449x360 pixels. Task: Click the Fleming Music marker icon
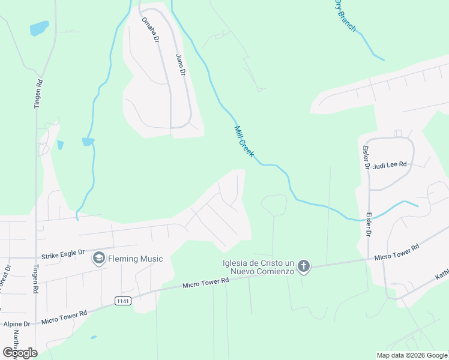pyautogui.click(x=98, y=259)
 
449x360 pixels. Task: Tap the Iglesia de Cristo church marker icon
pyautogui.click(x=304, y=266)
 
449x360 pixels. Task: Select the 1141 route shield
pyautogui.click(x=123, y=300)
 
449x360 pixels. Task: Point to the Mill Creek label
pyautogui.click(x=244, y=142)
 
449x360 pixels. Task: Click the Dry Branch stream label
pyautogui.click(x=345, y=16)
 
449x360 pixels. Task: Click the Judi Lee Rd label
pyautogui.click(x=390, y=165)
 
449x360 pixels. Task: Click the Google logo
pyautogui.click(x=20, y=352)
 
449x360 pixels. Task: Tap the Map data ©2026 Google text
pyautogui.click(x=412, y=355)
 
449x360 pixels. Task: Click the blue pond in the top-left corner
pyautogui.click(x=39, y=28)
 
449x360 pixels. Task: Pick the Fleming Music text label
pyautogui.click(x=135, y=259)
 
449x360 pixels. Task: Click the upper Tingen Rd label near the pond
pyautogui.click(x=40, y=93)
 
